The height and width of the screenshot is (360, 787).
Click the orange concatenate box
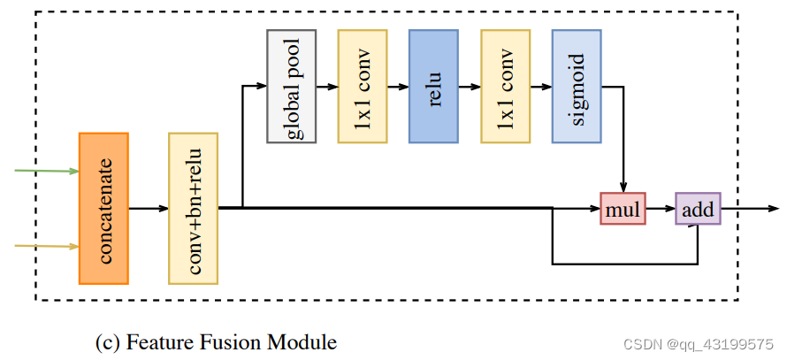pos(103,208)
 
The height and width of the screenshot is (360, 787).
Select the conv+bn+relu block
pos(193,209)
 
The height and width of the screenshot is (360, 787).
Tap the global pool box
pos(291,86)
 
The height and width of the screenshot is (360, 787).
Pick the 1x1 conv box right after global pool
pos(362,86)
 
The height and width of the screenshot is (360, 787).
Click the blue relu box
pos(433,86)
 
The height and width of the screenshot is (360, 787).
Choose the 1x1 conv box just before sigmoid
pos(505,86)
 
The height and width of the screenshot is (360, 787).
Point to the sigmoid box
pos(577,86)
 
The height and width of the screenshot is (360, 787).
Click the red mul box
pos(623,209)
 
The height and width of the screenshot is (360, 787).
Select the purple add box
pos(699,209)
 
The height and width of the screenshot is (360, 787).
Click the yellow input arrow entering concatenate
pos(49,246)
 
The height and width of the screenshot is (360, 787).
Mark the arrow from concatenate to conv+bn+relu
pos(149,209)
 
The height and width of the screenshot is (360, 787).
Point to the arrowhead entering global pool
pos(261,86)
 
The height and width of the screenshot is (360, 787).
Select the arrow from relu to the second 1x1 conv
pos(470,86)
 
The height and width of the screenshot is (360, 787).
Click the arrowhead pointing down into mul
pos(624,187)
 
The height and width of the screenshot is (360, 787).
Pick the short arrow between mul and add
pos(661,209)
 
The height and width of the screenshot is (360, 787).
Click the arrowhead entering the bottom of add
pos(699,229)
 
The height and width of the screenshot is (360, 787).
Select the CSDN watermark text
pos(703,344)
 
